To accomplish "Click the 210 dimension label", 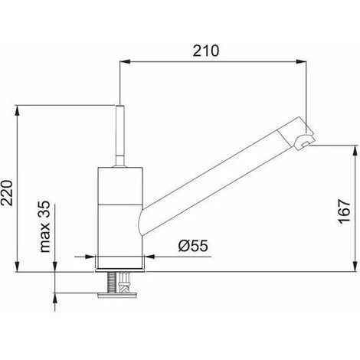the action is pyautogui.click(x=206, y=51).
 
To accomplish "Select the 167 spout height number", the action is pyautogui.click(x=344, y=211).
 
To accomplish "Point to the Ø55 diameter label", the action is pyautogui.click(x=193, y=246).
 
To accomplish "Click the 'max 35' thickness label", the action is pyautogui.click(x=45, y=226).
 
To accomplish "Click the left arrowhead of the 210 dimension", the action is pyautogui.click(x=125, y=61).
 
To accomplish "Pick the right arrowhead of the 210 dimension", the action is pyautogui.click(x=301, y=61).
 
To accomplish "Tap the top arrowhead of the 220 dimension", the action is pyautogui.click(x=17, y=110).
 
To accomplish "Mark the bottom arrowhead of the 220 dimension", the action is pyautogui.click(x=17, y=267).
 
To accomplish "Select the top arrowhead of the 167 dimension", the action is pyautogui.click(x=355, y=151).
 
